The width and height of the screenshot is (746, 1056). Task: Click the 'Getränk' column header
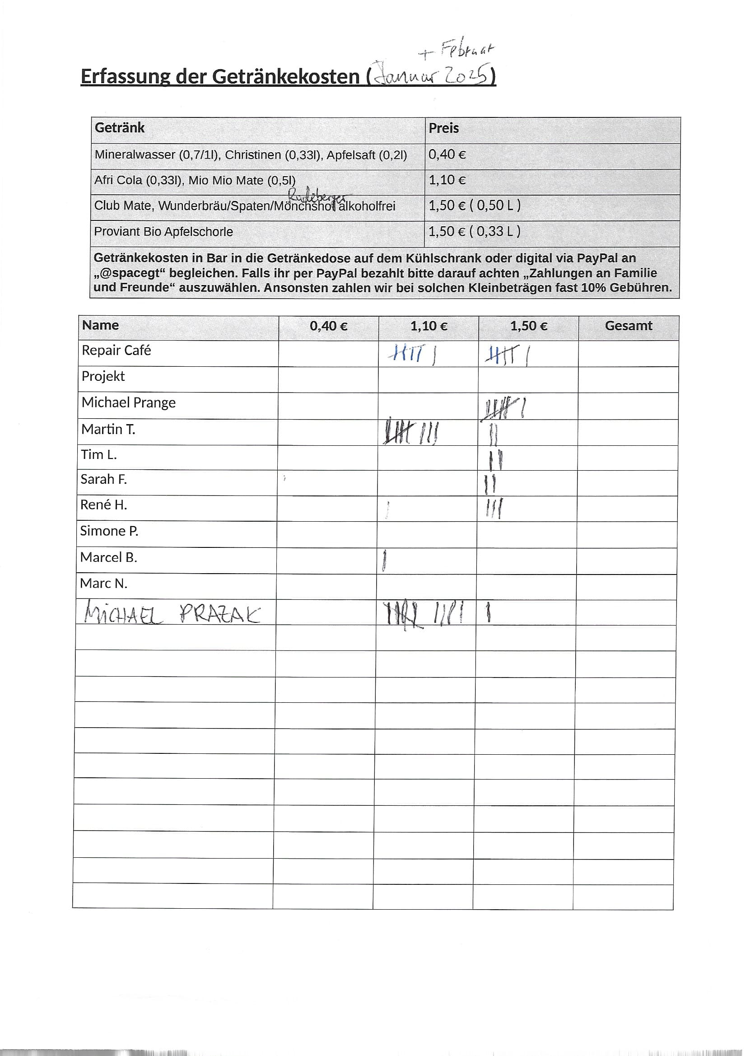pos(120,128)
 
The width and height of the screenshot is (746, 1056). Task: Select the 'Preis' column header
pos(443,128)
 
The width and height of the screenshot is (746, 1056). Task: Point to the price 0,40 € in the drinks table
pos(447,154)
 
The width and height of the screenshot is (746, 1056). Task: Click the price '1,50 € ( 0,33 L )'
pos(474,231)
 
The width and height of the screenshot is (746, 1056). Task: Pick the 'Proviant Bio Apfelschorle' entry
pos(163,232)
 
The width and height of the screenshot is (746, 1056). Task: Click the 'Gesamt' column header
pos(628,326)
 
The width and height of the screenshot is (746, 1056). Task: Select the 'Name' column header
pos(100,325)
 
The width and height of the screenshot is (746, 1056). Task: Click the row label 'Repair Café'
pos(116,350)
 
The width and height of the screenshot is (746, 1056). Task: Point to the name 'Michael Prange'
pos(128,403)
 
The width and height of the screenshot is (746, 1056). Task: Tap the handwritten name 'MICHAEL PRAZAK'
pos(173,614)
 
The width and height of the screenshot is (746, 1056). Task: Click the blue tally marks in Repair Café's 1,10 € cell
pos(412,354)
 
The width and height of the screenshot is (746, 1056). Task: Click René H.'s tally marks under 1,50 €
pos(494,508)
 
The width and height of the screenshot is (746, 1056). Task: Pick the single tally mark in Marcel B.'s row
pos(384,561)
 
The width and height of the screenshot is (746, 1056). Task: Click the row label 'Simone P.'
pos(109,531)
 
